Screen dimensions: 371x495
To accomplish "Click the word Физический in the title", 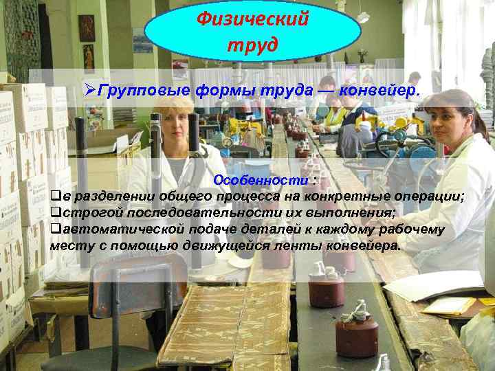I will point(252,18).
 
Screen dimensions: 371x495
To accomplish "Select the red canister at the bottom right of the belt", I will point(357,335).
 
